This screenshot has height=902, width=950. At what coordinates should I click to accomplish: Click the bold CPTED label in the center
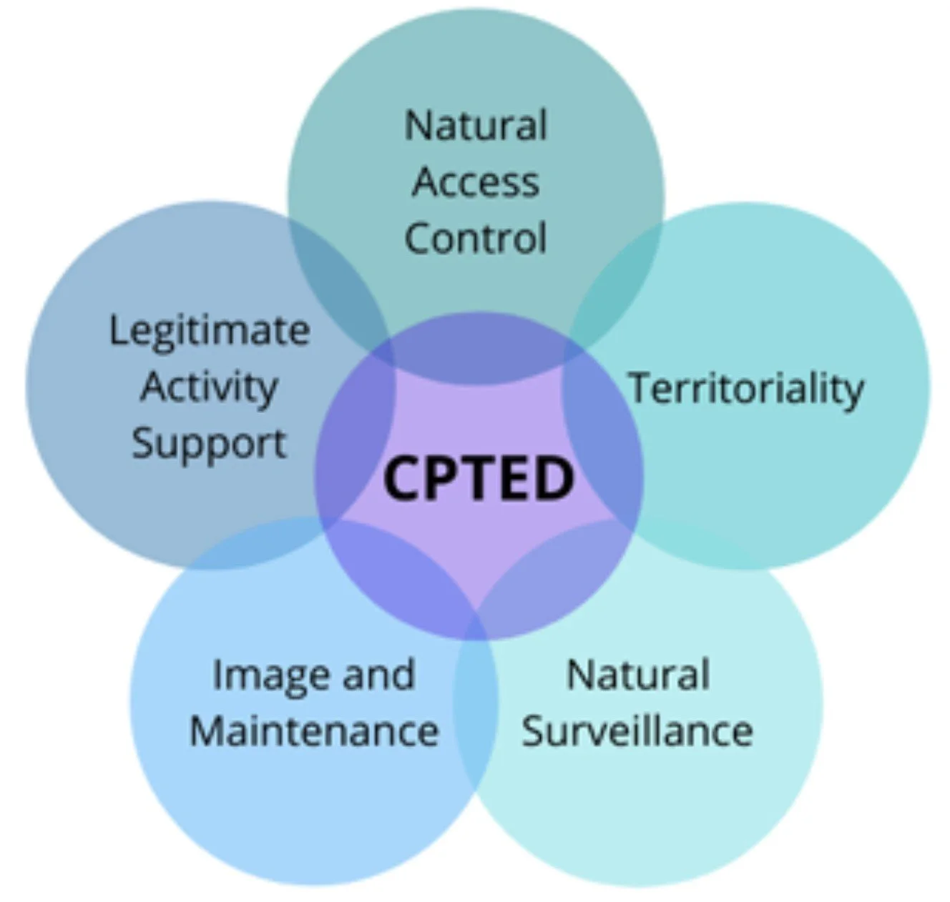pyautogui.click(x=478, y=477)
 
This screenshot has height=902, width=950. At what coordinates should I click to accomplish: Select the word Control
pyautogui.click(x=476, y=238)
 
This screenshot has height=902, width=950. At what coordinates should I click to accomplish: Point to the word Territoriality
pyautogui.click(x=746, y=388)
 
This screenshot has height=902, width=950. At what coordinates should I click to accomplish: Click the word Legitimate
pyautogui.click(x=209, y=331)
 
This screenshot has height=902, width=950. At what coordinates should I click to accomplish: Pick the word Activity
pyautogui.click(x=209, y=387)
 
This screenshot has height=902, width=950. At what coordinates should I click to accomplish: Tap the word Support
pyautogui.click(x=209, y=443)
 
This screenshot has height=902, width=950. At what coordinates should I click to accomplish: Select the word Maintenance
pyautogui.click(x=314, y=731)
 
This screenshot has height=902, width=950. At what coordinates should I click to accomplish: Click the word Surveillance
pyautogui.click(x=637, y=731)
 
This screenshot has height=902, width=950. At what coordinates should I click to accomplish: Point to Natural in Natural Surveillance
pyautogui.click(x=638, y=675)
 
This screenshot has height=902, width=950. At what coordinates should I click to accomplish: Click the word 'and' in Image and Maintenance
pyautogui.click(x=378, y=675)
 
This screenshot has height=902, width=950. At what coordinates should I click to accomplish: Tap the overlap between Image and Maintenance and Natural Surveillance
pyautogui.click(x=476, y=708)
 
